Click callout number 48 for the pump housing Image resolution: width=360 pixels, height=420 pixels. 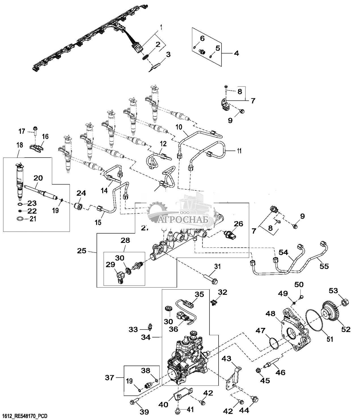point(270,314)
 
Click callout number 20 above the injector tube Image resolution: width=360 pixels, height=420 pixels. point(38,178)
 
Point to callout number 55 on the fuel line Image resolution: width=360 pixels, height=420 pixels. point(324,266)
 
